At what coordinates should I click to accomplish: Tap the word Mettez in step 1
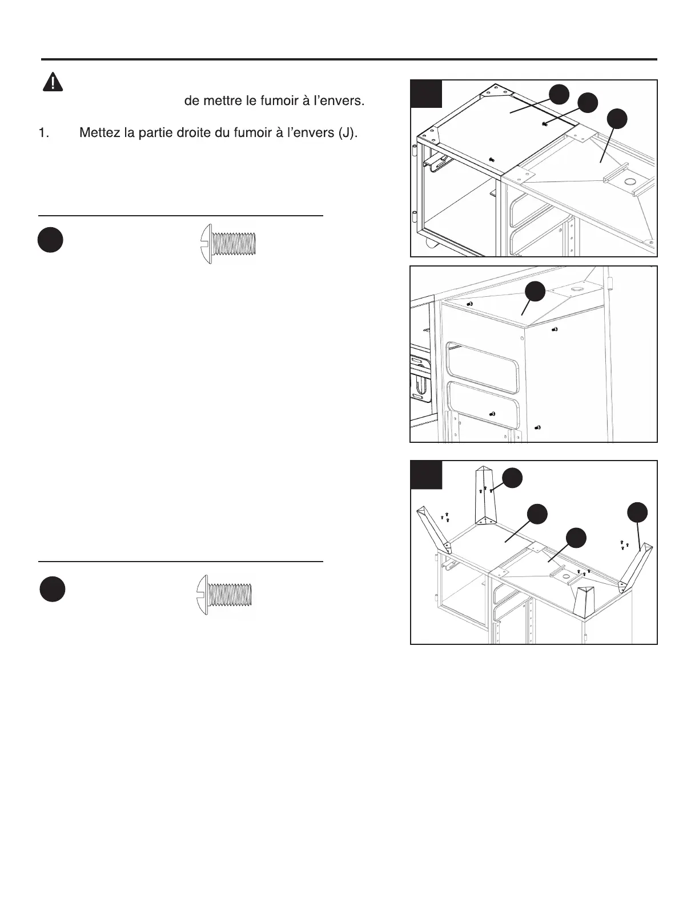point(98,132)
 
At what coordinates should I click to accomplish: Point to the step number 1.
point(43,133)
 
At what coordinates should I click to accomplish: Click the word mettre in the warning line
point(227,102)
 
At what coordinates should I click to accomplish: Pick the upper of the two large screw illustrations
point(229,243)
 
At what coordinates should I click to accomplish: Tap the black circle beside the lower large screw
point(51,589)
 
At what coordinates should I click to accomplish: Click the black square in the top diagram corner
point(427,94)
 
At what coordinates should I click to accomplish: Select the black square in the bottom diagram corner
point(427,475)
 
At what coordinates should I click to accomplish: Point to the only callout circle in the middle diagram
point(536,291)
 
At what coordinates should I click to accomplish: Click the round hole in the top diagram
point(631,183)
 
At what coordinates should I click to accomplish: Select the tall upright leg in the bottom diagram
point(485,495)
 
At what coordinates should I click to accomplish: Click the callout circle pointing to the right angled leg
point(637,512)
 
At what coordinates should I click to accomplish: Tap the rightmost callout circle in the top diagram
point(617,118)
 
